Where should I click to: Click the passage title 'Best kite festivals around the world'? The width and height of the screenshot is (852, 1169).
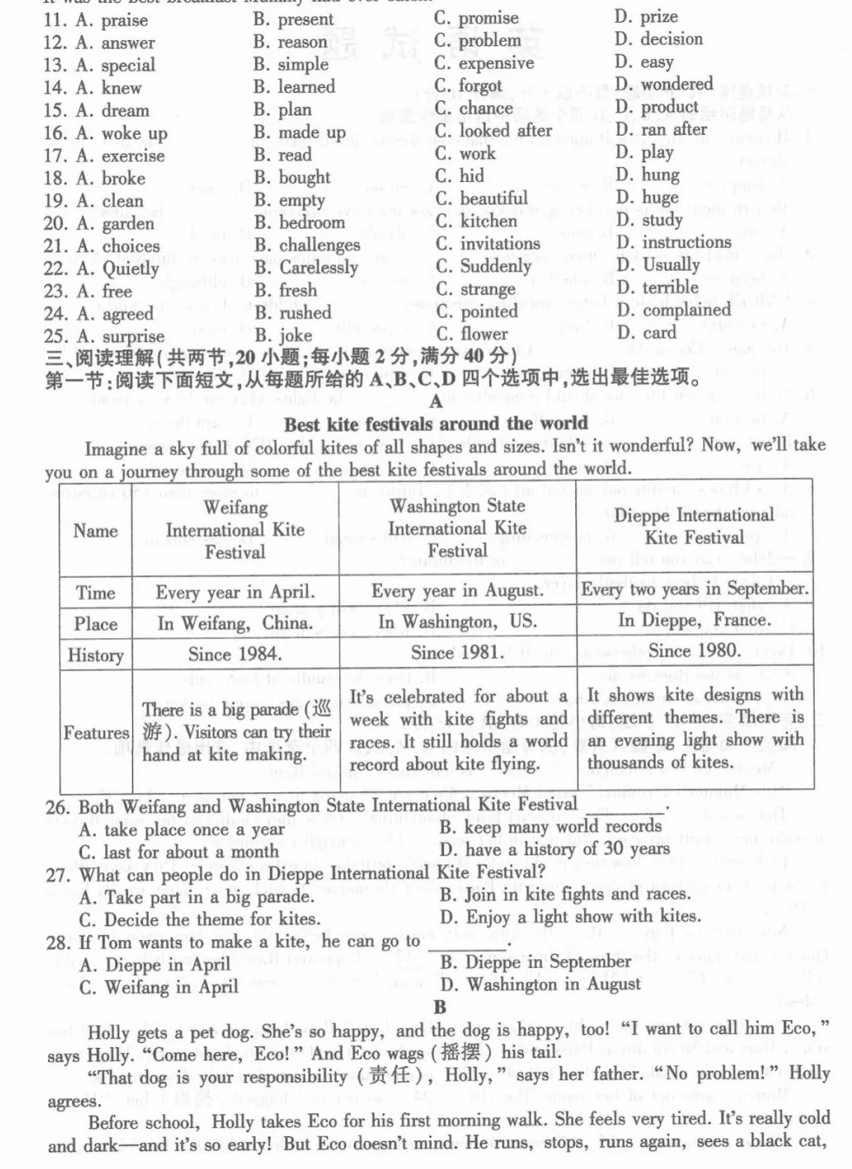click(435, 424)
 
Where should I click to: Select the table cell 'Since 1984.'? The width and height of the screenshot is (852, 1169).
click(234, 654)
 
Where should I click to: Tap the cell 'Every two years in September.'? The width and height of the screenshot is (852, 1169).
click(694, 588)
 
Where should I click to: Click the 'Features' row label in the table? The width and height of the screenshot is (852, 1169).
click(96, 733)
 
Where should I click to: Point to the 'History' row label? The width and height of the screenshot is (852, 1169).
click(96, 655)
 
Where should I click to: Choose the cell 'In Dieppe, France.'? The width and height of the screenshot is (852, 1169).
click(694, 621)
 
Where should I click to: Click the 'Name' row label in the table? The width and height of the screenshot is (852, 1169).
click(96, 531)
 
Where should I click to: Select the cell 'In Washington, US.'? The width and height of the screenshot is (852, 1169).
click(457, 622)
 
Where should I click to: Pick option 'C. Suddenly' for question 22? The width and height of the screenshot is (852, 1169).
click(483, 266)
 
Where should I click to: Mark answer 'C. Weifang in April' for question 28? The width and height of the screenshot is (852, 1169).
click(158, 987)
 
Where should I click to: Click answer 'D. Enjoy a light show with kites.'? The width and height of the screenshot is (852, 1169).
click(570, 917)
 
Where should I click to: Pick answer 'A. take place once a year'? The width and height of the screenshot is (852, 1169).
click(181, 830)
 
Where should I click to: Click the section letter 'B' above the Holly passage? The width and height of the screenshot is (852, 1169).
click(439, 1007)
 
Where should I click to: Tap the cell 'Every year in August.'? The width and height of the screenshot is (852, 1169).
click(457, 590)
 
